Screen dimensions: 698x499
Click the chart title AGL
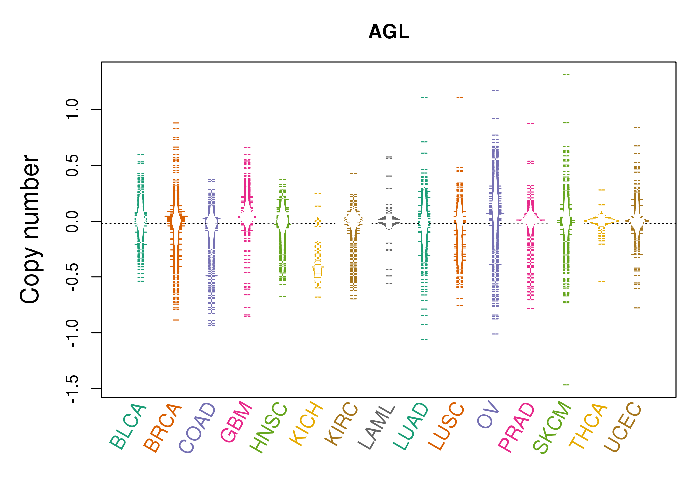tap(389, 32)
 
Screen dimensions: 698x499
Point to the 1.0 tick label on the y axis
tap(72, 109)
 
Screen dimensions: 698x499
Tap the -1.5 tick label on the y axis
tap(72, 388)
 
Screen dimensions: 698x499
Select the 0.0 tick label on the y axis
tap(72, 221)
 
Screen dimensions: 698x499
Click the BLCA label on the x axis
tap(128, 426)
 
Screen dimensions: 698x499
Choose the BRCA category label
tap(163, 428)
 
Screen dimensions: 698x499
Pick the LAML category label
tap(376, 427)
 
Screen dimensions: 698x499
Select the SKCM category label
tap(552, 427)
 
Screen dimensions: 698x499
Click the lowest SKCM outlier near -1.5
tap(566, 385)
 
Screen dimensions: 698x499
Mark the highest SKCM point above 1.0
tap(566, 74)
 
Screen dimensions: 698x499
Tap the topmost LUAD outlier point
tap(424, 98)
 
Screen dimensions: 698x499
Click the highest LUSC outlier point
tap(460, 97)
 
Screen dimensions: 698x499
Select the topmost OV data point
tap(495, 90)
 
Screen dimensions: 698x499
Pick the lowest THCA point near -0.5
tap(602, 281)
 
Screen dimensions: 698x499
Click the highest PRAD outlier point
tap(531, 124)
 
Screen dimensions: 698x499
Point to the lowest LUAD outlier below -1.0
tap(424, 339)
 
